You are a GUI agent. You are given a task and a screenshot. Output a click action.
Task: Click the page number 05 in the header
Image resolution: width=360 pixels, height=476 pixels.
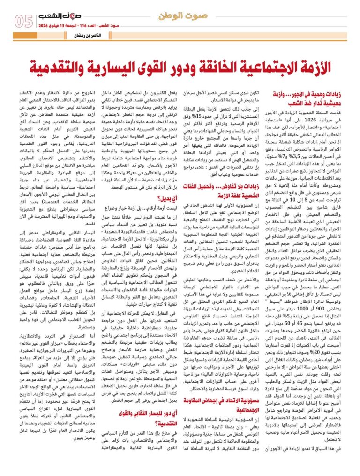(x=23, y=21)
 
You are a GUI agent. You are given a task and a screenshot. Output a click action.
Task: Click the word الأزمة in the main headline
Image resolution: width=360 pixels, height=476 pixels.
(x=303, y=67)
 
